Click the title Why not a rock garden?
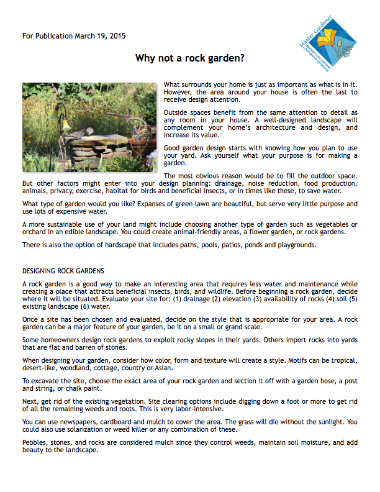(190, 58)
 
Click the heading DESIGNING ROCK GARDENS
(63, 271)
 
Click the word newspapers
(76, 421)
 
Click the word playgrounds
(295, 245)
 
